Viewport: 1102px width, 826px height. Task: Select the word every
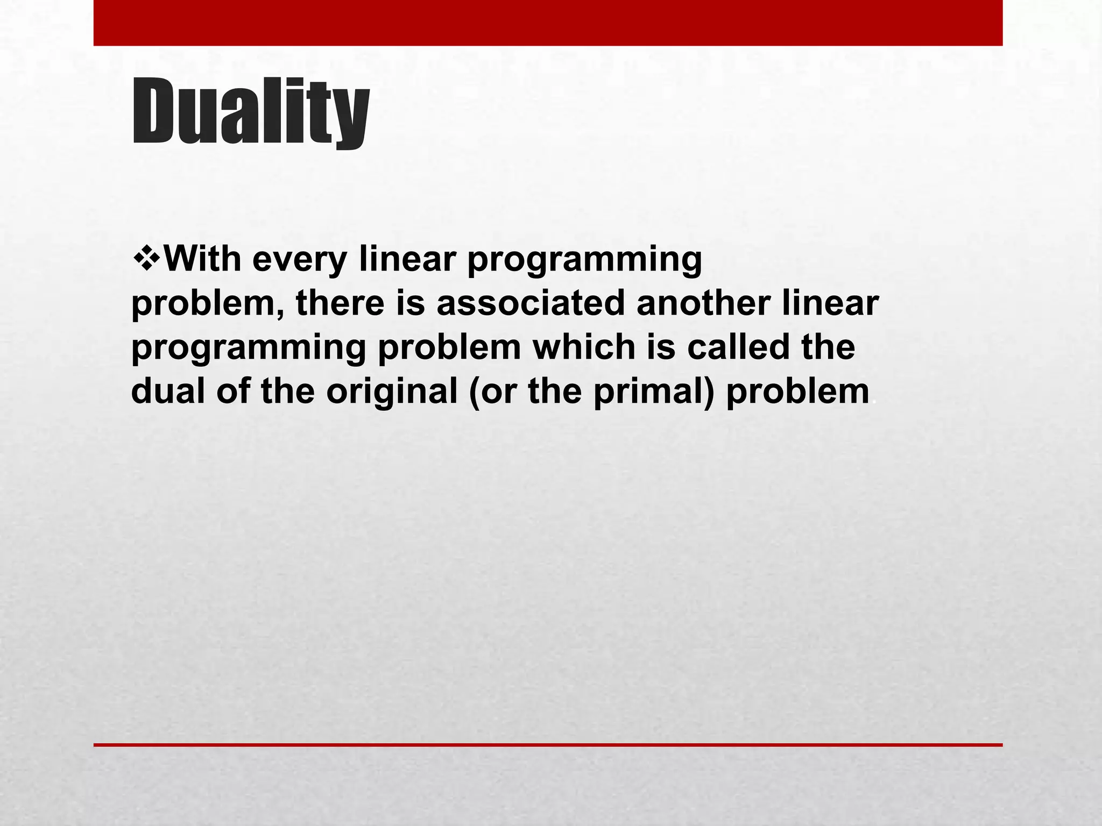(299, 260)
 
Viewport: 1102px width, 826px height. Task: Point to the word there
(340, 303)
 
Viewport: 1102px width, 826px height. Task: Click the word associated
(531, 303)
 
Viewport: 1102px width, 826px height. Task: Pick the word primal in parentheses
(654, 391)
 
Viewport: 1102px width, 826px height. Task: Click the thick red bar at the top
(548, 23)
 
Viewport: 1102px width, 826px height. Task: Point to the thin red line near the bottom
(548, 745)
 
